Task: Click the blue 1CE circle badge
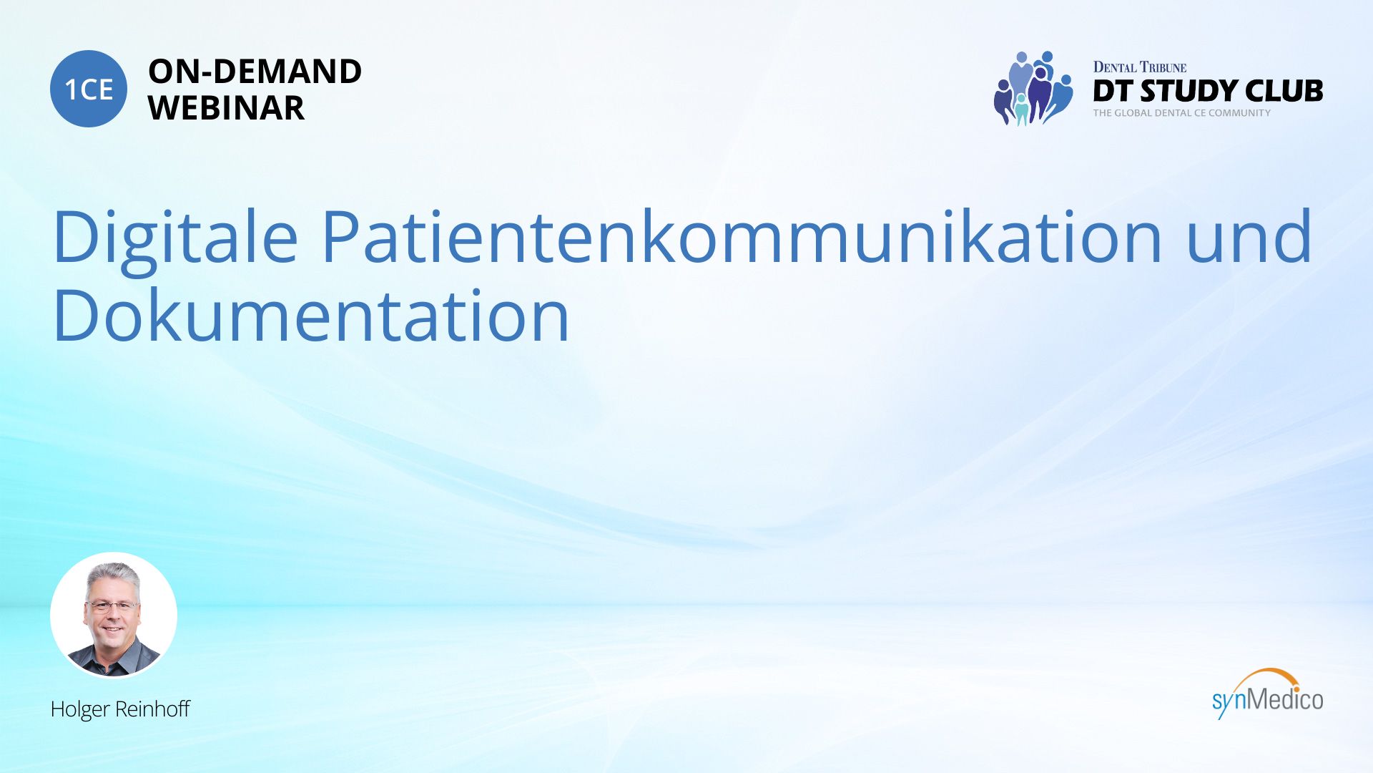89,89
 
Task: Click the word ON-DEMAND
255,72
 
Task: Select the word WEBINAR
226,108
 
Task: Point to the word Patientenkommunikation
742,236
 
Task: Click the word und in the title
1249,236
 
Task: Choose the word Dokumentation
312,315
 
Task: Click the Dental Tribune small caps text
1139,67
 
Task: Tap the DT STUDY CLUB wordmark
1208,91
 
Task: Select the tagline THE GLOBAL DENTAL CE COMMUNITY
1181,113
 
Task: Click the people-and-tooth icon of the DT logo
1033,88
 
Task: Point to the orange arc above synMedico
1266,673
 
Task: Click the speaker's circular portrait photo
114,615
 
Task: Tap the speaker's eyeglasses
112,606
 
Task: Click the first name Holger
80,709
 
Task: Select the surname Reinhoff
152,709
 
